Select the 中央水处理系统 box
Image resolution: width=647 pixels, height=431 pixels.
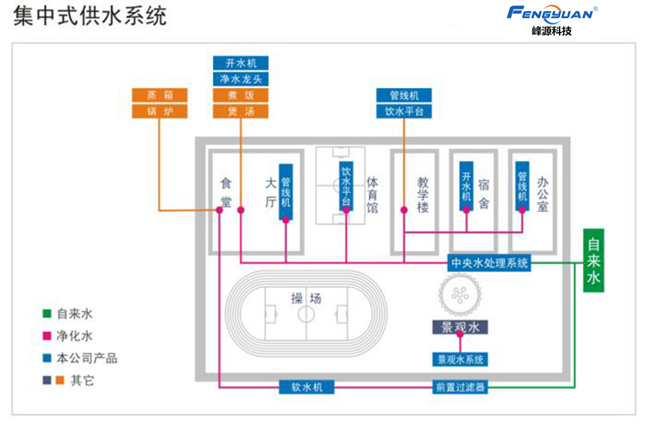489,263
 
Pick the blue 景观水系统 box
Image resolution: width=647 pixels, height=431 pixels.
460,359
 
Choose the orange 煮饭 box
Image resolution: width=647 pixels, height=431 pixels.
241,95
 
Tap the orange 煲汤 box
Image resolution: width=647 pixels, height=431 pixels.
241,111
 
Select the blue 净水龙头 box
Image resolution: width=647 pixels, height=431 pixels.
241,78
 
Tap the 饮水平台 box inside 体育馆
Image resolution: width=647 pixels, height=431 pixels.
346,186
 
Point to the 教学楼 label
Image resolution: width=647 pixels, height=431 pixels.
424,194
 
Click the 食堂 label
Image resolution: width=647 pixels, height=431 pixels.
226,191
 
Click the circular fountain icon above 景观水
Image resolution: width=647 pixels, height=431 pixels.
459,296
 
